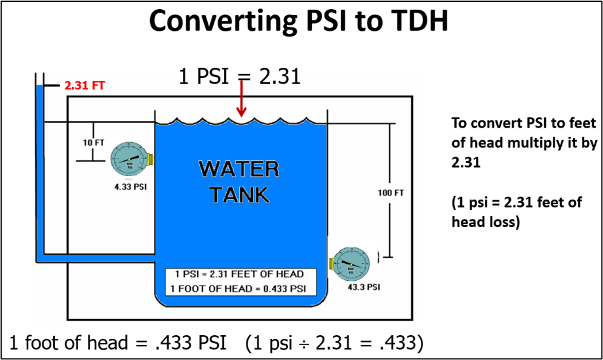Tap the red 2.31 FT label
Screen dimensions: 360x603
coord(85,86)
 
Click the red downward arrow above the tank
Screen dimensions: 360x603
coord(242,100)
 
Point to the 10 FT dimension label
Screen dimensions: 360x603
coord(94,144)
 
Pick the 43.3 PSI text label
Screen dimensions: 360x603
coord(364,287)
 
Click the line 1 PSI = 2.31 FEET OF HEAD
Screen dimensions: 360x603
coord(239,274)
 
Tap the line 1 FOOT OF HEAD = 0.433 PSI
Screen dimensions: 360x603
coord(239,288)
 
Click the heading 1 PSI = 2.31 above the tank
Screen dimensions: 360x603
coord(239,77)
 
